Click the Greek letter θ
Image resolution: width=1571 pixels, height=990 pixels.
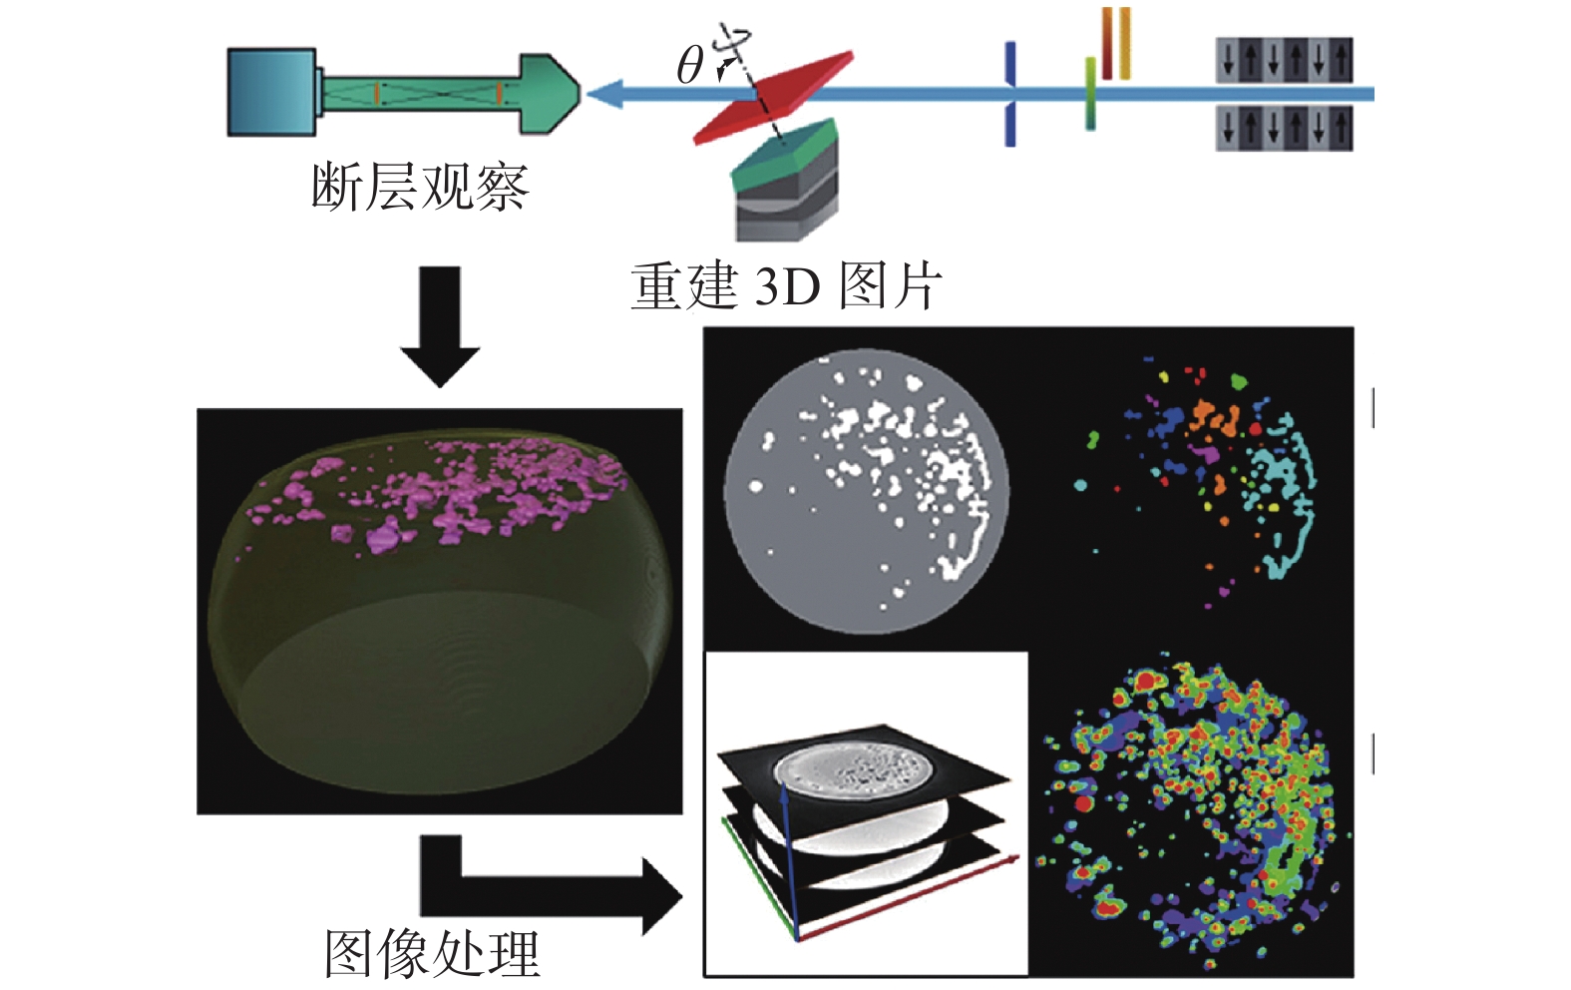(x=689, y=66)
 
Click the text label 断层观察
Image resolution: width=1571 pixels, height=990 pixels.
(x=419, y=187)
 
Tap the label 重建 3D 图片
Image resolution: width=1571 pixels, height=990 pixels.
(x=785, y=286)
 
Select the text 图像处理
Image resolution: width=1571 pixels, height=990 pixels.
(x=432, y=953)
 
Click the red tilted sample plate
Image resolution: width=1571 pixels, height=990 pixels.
(x=774, y=97)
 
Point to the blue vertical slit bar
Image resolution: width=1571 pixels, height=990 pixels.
(x=1009, y=95)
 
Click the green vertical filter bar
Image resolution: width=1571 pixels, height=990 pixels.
(x=1090, y=95)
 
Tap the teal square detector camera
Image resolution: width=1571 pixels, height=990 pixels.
(x=271, y=91)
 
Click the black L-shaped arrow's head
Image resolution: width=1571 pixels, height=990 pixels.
(x=660, y=895)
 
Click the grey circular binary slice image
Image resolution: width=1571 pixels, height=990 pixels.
(x=866, y=491)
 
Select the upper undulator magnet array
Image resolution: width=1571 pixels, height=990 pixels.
(x=1284, y=60)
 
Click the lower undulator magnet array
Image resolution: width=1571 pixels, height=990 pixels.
(x=1284, y=128)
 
